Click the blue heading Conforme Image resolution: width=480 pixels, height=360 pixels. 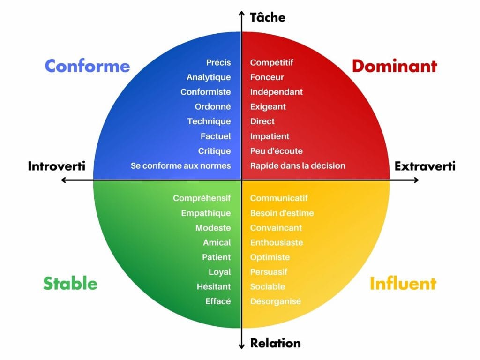87,66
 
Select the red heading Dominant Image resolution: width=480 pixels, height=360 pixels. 395,66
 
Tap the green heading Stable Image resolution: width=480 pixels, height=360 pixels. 70,283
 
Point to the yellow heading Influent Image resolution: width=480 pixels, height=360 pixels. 403,283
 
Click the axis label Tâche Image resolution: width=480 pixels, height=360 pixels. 268,17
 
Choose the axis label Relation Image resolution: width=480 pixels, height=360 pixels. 275,343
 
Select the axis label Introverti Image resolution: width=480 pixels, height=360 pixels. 57,166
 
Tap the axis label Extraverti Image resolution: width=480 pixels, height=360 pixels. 425,166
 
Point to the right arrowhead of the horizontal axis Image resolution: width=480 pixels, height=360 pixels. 416,180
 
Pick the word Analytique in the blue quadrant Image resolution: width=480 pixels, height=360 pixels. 209,77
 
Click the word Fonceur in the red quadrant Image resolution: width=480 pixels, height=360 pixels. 267,77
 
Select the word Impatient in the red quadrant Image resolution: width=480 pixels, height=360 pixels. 270,136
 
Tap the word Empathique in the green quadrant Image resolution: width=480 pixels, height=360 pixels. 206,213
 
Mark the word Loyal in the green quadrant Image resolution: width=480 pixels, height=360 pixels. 220,272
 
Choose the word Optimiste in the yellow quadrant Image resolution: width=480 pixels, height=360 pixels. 270,257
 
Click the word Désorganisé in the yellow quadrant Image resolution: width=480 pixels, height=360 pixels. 276,301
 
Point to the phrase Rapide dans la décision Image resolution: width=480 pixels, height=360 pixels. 298,165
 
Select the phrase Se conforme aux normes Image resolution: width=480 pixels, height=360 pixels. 181,165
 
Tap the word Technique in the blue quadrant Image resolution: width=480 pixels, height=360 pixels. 209,121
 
